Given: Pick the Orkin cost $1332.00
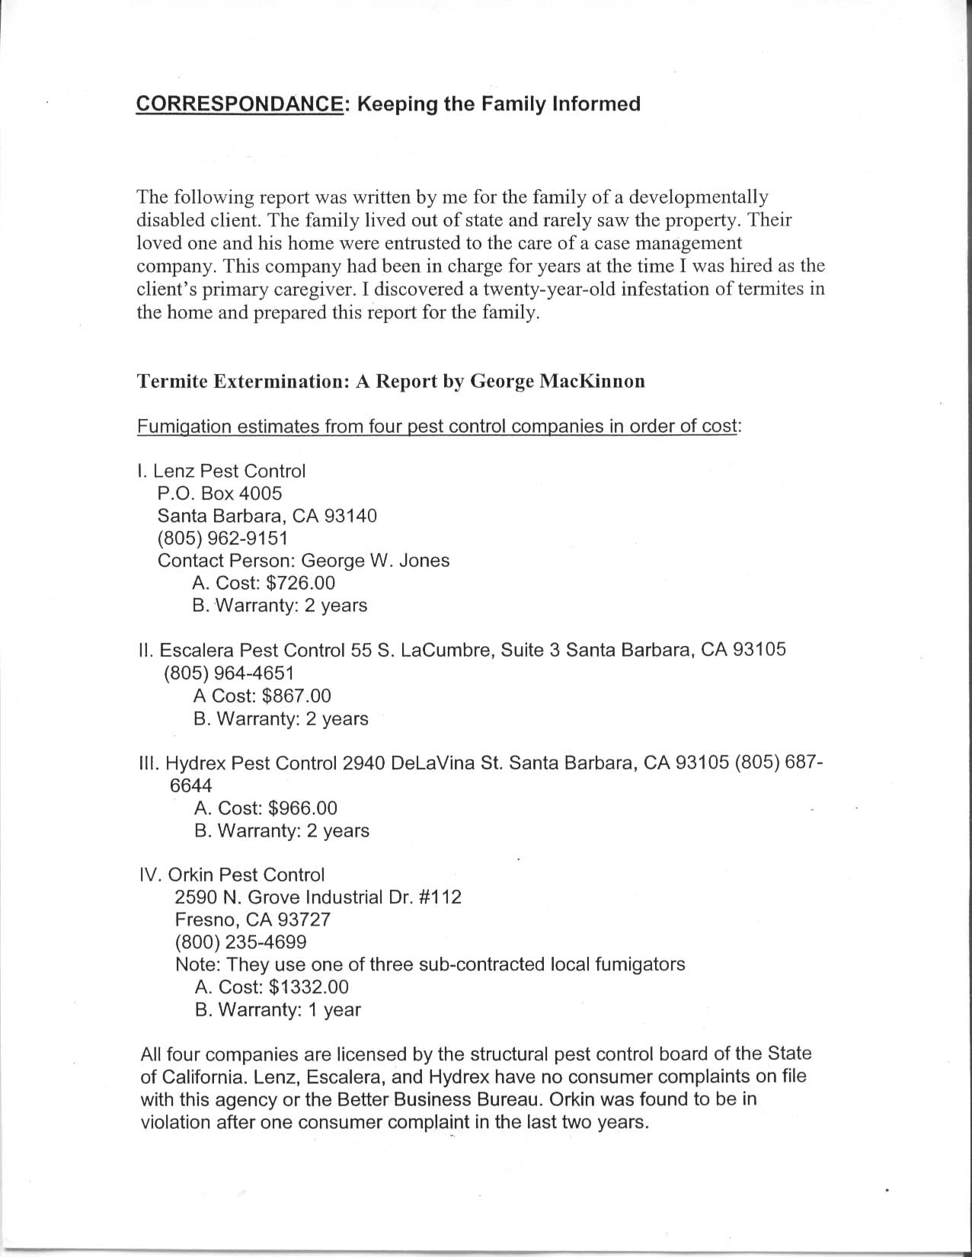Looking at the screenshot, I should pyautogui.click(x=303, y=987).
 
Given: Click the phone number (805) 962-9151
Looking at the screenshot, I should pyautogui.click(x=222, y=539).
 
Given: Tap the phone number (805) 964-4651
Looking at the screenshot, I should pyautogui.click(x=229, y=673).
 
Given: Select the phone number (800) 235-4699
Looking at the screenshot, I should pyautogui.click(x=241, y=942).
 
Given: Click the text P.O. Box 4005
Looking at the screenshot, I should pyautogui.click(x=219, y=494).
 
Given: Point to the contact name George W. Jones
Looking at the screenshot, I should pyautogui.click(x=376, y=561).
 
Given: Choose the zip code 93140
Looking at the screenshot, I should pyautogui.click(x=350, y=516).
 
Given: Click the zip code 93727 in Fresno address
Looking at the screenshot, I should pyautogui.click(x=304, y=920).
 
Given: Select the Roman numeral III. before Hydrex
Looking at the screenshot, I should pyautogui.click(x=149, y=763).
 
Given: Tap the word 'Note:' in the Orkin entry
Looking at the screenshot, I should pyautogui.click(x=198, y=964).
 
